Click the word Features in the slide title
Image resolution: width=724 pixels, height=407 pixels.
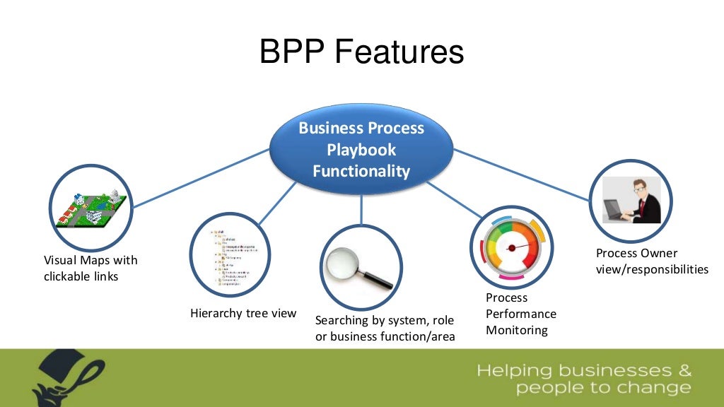point(399,52)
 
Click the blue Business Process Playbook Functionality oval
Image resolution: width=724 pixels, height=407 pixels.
point(361,150)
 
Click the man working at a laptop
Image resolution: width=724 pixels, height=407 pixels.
point(631,201)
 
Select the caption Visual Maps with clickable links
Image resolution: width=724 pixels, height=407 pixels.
point(90,269)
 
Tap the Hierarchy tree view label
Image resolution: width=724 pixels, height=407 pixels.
point(243,313)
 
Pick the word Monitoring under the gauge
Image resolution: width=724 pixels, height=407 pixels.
point(517,330)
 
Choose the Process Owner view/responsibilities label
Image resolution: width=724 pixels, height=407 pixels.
point(651,261)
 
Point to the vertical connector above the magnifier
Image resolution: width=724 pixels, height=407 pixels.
point(361,208)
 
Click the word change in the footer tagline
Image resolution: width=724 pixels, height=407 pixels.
point(655,387)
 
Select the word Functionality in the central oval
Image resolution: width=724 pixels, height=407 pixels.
point(361,171)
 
